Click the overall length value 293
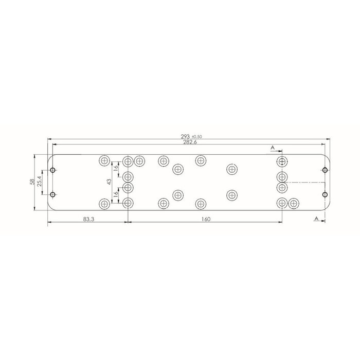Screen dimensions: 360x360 pyautogui.click(x=185, y=136)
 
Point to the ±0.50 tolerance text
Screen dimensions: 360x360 pyautogui.click(x=195, y=136)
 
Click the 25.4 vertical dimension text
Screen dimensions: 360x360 pyautogui.click(x=40, y=182)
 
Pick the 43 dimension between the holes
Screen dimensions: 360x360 pyautogui.click(x=109, y=182)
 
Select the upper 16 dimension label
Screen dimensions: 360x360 pyautogui.click(x=117, y=167)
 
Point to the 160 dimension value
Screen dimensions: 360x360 pyautogui.click(x=205, y=220)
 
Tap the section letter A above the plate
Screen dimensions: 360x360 pyautogui.click(x=273, y=148)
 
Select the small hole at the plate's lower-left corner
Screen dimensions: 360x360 pyautogui.click(x=52, y=194)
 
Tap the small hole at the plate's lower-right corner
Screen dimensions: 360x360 pyautogui.click(x=325, y=194)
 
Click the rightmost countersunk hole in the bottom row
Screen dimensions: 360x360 pyautogui.click(x=294, y=203)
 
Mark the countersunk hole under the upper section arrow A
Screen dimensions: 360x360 pyautogui.click(x=282, y=161)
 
